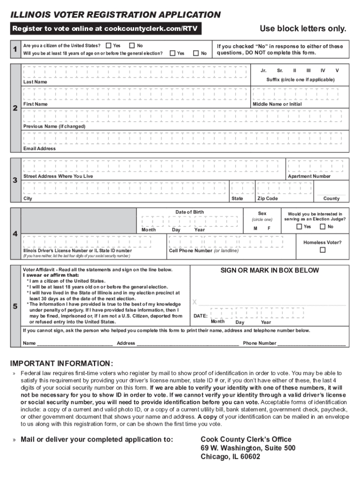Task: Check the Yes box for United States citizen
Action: (x=108, y=46)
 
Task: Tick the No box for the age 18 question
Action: (x=196, y=53)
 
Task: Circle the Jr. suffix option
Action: (x=264, y=71)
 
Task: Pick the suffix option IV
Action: (x=323, y=71)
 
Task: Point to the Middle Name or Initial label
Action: (x=277, y=104)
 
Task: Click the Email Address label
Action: (x=39, y=149)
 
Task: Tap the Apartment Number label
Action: (x=309, y=176)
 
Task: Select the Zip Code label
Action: (x=267, y=199)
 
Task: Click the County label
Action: (x=331, y=199)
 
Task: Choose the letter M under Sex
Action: (x=255, y=228)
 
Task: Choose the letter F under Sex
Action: (x=269, y=228)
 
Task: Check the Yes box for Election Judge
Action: (x=299, y=227)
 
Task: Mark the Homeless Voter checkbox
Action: (x=322, y=250)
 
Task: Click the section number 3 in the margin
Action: (x=15, y=181)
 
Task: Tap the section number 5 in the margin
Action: (x=15, y=307)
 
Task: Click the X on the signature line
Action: (x=194, y=302)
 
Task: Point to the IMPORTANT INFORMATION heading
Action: (x=62, y=363)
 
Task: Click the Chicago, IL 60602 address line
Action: (x=230, y=457)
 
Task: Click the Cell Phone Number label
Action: (x=191, y=251)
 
